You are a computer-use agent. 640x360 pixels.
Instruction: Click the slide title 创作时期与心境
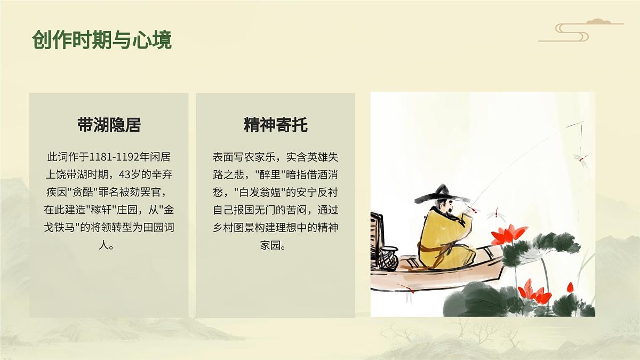pos(102,40)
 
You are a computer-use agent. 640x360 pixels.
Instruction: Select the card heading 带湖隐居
pos(109,125)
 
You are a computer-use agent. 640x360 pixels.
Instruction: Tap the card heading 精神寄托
pos(275,125)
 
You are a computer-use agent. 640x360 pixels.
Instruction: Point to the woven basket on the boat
pos(389,258)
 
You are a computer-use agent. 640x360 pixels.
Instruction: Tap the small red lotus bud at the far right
pos(570,287)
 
